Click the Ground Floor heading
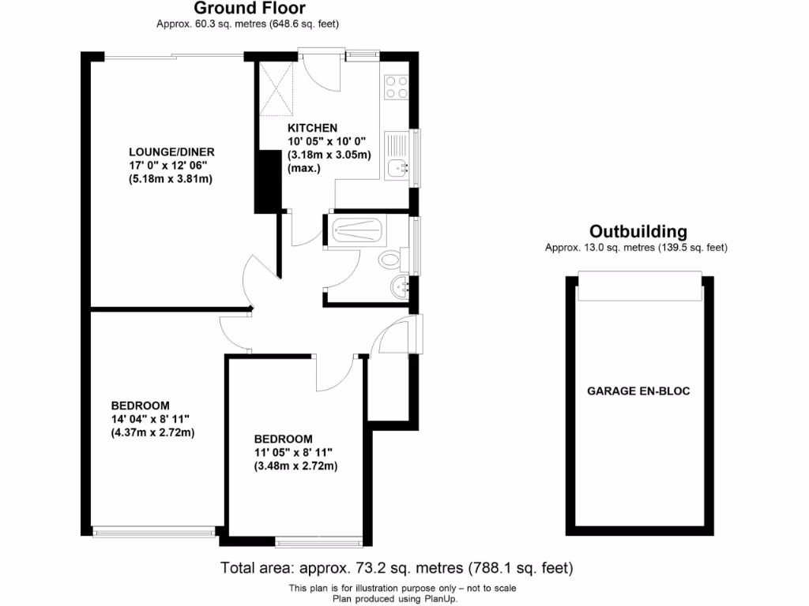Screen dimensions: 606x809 248,9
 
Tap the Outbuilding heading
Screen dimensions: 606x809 638,231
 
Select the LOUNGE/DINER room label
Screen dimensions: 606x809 171,152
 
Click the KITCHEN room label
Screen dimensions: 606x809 312,128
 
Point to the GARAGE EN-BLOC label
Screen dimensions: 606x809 638,391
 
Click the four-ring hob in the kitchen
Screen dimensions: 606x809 397,87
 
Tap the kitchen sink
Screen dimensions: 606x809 397,167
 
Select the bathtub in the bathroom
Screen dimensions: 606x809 358,231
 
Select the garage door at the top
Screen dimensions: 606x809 638,286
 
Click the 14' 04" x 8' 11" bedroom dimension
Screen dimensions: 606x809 151,419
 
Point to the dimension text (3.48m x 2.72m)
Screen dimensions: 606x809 295,466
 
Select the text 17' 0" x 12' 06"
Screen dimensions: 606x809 168,166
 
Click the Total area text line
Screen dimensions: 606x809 396,567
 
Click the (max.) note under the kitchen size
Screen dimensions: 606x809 304,168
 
